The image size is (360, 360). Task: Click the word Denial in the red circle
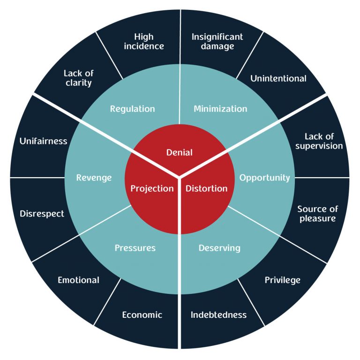[x=180, y=152]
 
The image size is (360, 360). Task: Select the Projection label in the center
[x=152, y=188]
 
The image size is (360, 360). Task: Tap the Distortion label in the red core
[x=207, y=188]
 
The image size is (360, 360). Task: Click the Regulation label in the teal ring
[x=132, y=109]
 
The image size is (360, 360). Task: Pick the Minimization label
[x=220, y=109]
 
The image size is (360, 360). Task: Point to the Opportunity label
[x=265, y=178]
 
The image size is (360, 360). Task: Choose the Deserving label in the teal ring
[x=219, y=247]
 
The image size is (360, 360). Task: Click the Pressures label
[x=135, y=247]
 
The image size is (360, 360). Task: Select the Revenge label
[x=94, y=178]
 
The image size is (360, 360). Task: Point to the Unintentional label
[x=278, y=78]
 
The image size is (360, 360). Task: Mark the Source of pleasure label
[x=317, y=213]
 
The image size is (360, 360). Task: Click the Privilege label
[x=283, y=280]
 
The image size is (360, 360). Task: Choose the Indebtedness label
[x=218, y=315]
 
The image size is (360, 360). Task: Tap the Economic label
[x=142, y=315]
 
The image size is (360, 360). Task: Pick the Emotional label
[x=78, y=280]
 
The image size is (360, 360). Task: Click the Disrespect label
[x=42, y=214]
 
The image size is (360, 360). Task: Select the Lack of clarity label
[x=78, y=78]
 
